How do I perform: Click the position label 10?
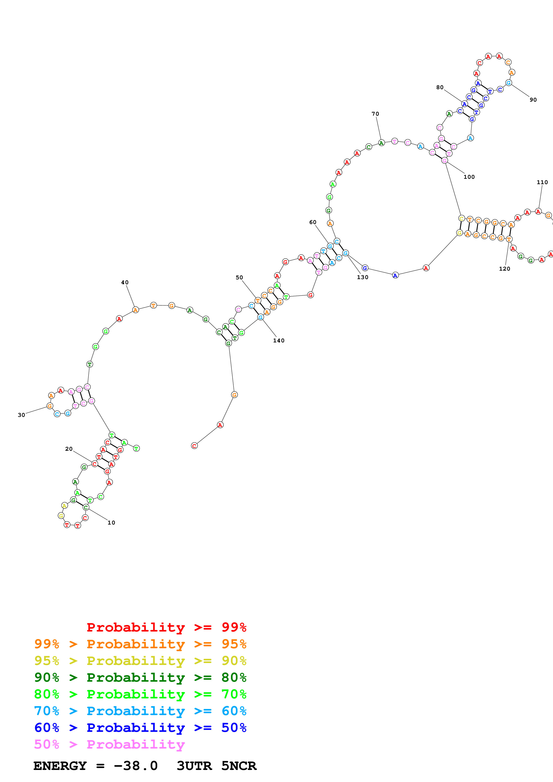tap(111, 523)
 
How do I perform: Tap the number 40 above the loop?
tap(125, 282)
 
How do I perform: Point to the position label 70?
tap(375, 114)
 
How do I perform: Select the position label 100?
tap(469, 177)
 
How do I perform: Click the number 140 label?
tap(278, 340)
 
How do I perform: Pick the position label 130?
tap(362, 277)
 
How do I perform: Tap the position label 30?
tap(21, 415)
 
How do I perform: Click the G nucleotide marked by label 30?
tap(50, 406)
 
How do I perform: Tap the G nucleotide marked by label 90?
tap(508, 83)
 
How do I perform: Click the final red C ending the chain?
tap(194, 446)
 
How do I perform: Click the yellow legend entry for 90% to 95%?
tap(140, 661)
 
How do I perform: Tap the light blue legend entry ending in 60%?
tap(140, 711)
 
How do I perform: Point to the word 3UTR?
tap(194, 766)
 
